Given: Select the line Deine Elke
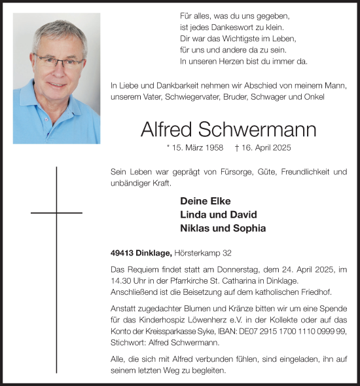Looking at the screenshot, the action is (x=205, y=201).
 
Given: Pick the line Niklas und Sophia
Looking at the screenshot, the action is (x=223, y=228).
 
